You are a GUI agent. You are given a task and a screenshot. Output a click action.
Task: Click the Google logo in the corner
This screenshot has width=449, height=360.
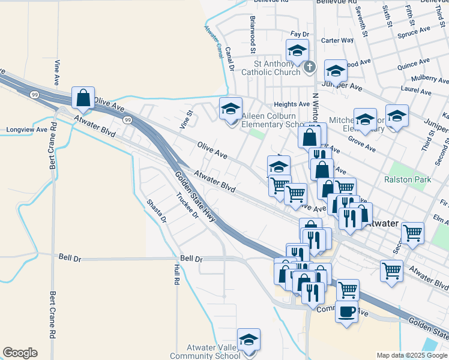20,353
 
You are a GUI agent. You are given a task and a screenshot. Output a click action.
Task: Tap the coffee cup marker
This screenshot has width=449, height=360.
346,311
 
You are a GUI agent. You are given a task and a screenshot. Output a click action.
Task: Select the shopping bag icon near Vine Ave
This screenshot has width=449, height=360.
83,98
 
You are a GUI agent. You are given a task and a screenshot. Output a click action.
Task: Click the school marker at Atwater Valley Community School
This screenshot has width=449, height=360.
249,340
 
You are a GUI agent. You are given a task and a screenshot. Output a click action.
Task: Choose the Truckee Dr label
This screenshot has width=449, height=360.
187,205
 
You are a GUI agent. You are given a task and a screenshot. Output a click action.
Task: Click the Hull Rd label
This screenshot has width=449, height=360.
176,274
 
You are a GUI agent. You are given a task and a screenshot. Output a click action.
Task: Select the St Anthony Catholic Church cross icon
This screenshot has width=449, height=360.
309,67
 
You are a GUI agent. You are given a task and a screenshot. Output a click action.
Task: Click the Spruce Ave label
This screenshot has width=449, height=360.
417,29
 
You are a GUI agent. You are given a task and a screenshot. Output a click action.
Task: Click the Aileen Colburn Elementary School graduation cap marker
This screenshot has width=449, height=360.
230,110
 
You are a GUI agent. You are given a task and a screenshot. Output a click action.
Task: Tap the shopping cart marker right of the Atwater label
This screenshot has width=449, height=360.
412,232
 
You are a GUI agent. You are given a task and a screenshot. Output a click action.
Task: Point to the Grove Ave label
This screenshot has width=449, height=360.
361,145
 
